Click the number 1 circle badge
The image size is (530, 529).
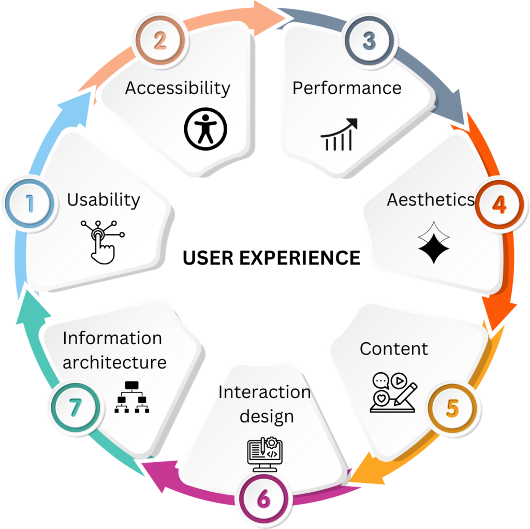(x=30, y=203)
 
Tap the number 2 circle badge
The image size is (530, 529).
(x=159, y=40)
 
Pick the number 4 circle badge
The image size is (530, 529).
(x=498, y=205)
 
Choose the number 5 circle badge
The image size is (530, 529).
(x=452, y=408)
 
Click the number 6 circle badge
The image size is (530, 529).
(x=263, y=500)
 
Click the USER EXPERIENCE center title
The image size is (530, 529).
(x=271, y=257)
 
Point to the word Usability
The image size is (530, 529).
(x=104, y=200)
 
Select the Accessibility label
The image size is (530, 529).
(x=178, y=88)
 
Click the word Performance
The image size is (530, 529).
(x=347, y=88)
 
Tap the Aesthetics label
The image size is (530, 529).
(x=431, y=199)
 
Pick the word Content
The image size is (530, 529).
(x=394, y=349)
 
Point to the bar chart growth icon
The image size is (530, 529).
(x=339, y=134)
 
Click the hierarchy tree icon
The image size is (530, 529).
(x=131, y=398)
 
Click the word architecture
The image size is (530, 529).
(x=114, y=362)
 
